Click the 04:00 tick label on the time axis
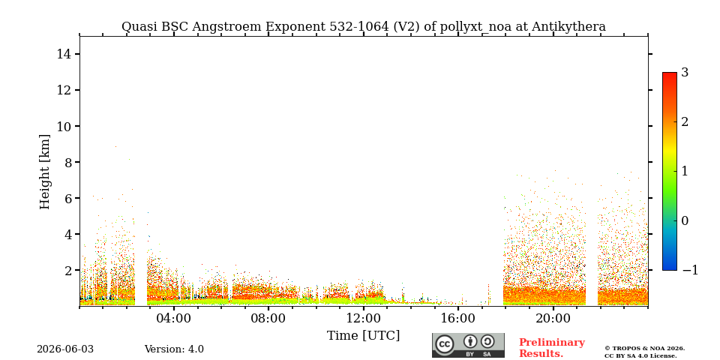tap(174, 318)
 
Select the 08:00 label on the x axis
tap(268, 318)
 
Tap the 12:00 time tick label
tap(363, 318)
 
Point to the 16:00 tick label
tap(457, 318)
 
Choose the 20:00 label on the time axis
tap(553, 318)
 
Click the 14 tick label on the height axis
tap(64, 54)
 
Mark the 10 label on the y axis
tap(64, 126)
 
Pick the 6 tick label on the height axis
tap(68, 198)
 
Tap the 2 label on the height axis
tap(68, 271)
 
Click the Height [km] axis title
tap(44, 172)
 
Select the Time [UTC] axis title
tap(363, 336)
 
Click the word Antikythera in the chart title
tap(568, 27)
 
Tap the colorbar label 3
tap(685, 73)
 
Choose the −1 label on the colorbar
tap(690, 270)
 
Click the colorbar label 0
tap(685, 220)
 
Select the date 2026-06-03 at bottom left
tap(65, 349)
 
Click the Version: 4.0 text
tap(174, 349)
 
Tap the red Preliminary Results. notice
tap(551, 348)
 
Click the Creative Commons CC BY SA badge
tap(468, 345)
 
